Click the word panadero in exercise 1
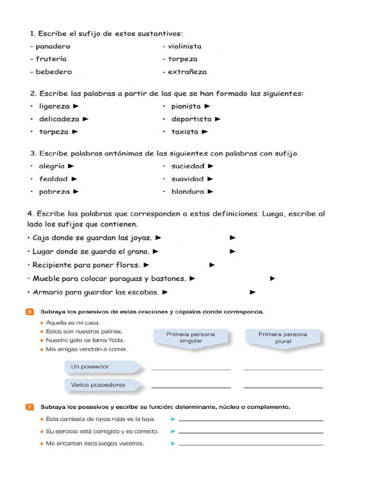pyautogui.click(x=53, y=46)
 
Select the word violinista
pyautogui.click(x=185, y=46)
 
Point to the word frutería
pyautogui.click(x=51, y=59)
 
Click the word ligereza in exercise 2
pyautogui.click(x=54, y=106)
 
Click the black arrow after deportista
pyautogui.click(x=218, y=119)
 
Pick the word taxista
pyautogui.click(x=185, y=132)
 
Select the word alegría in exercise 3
pyautogui.click(x=52, y=166)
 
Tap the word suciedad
pyautogui.click(x=188, y=166)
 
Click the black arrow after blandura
pyautogui.click(x=210, y=191)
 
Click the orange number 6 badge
pyautogui.click(x=30, y=312)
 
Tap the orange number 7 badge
pyautogui.click(x=30, y=407)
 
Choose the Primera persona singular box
pyautogui.click(x=190, y=338)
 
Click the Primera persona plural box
pyautogui.click(x=282, y=338)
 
